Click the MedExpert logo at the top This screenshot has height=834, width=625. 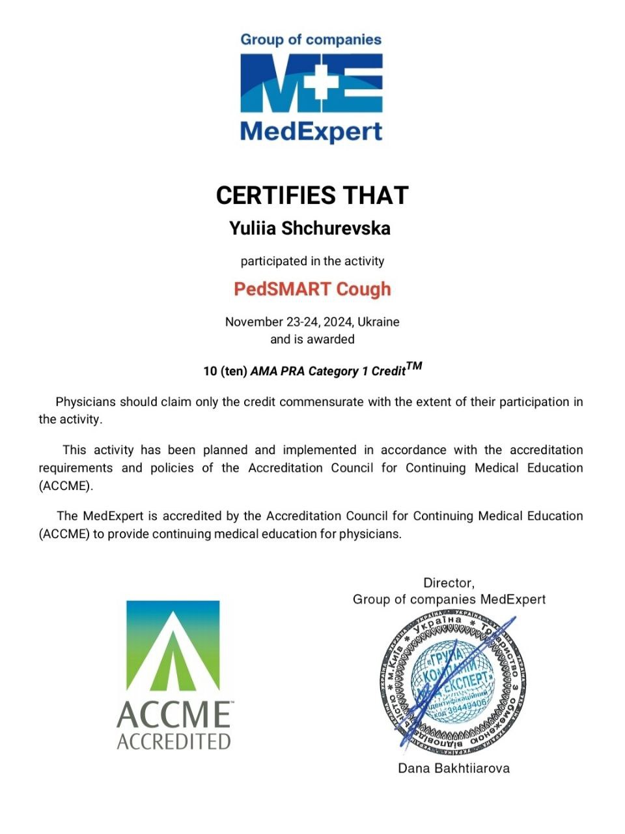pyautogui.click(x=311, y=88)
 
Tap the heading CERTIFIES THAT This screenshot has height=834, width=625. pyautogui.click(x=312, y=195)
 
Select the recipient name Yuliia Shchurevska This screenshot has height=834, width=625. pyautogui.click(x=310, y=229)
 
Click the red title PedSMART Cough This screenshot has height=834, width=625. pyautogui.click(x=312, y=289)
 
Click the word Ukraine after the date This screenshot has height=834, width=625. pyautogui.click(x=379, y=322)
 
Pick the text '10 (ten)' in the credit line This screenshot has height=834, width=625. pyautogui.click(x=225, y=371)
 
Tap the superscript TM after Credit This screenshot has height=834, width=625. pyautogui.click(x=414, y=366)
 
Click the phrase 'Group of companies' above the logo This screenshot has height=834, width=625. pyautogui.click(x=311, y=40)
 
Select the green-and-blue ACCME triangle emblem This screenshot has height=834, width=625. pyautogui.click(x=173, y=646)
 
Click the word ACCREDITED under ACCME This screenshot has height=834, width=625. pyautogui.click(x=174, y=741)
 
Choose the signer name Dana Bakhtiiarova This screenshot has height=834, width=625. pyautogui.click(x=454, y=768)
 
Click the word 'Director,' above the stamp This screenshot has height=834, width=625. pyautogui.click(x=449, y=582)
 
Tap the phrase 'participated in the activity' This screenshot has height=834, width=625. pyautogui.click(x=312, y=261)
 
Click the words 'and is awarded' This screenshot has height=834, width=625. pyautogui.click(x=312, y=339)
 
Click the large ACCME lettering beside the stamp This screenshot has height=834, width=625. pyautogui.click(x=174, y=715)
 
